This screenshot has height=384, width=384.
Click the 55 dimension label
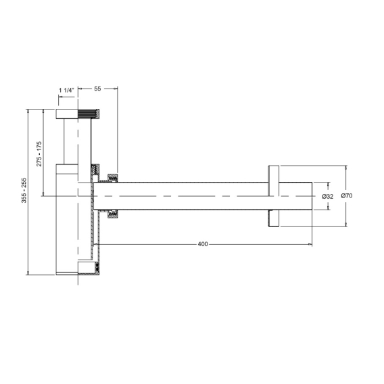pos(97,89)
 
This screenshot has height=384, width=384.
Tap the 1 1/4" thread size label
pos(66,91)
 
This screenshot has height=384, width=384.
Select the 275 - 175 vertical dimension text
pos(39,154)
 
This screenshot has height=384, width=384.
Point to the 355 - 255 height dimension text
pos(24,190)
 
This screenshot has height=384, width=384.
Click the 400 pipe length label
pos(203,244)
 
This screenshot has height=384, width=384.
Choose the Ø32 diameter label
pos(327,197)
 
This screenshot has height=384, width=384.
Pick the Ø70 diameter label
pos(347,195)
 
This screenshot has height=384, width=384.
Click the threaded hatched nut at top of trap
pos(89,114)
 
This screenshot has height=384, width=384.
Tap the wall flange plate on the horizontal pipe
pos(274,196)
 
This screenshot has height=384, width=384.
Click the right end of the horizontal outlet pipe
pos(312,196)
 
